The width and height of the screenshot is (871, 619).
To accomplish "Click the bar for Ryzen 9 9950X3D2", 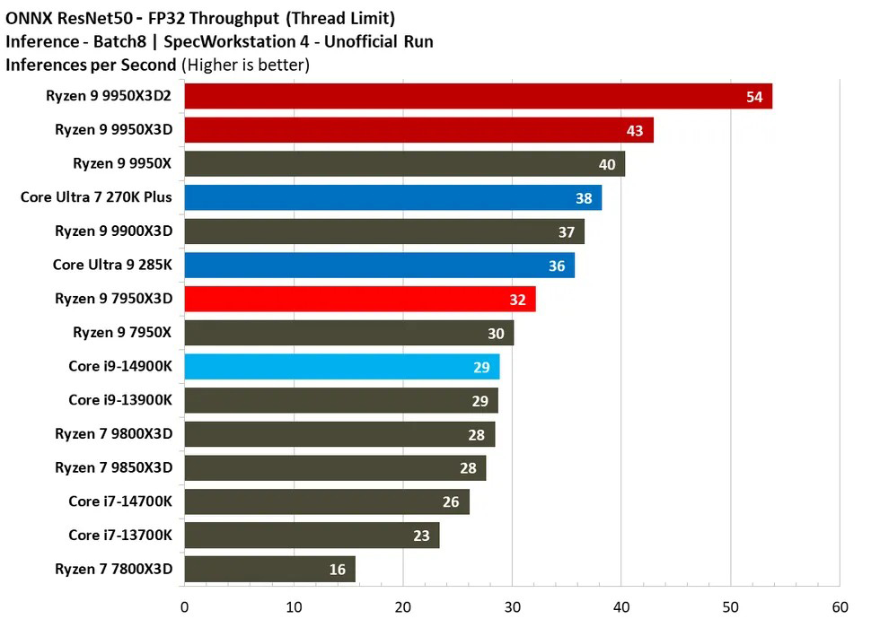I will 478,97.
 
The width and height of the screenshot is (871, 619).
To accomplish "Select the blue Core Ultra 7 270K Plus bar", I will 392,197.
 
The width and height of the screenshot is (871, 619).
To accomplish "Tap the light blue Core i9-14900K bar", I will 341,367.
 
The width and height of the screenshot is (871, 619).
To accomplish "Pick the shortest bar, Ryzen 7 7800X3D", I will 269,569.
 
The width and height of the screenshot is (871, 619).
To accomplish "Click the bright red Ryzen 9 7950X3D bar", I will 359,299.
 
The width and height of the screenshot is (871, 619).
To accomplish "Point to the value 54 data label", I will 754,97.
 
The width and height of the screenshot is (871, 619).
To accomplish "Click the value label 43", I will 635,131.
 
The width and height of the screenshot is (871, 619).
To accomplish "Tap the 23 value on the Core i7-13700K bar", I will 420,536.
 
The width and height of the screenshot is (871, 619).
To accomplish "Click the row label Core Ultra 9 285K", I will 112,265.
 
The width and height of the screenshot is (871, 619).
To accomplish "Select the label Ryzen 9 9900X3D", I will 113,231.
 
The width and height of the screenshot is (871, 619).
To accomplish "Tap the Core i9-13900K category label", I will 120,400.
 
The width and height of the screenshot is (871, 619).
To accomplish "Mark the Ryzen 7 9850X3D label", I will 113,467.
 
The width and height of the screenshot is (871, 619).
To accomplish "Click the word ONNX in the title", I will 28,18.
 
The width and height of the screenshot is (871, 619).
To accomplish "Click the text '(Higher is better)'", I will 245,65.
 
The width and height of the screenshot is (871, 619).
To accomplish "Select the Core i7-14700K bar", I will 326,501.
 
